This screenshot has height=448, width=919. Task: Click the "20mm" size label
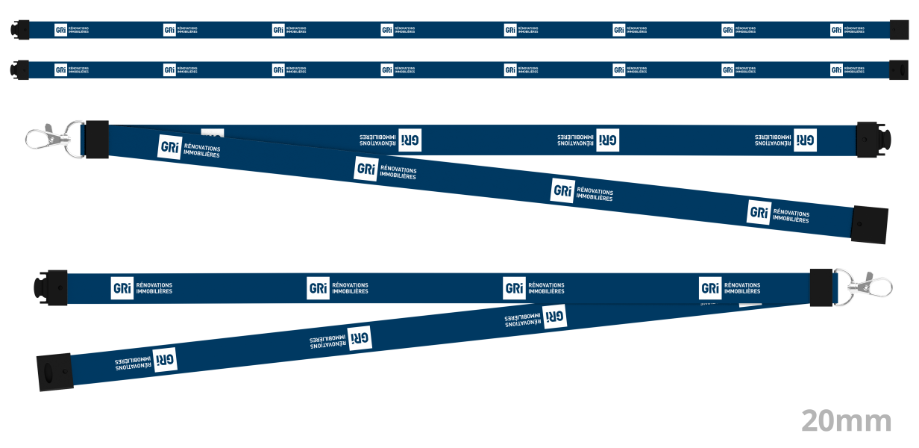847,421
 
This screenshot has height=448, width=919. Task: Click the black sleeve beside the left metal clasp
97,139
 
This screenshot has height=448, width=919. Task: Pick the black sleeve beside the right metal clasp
821,286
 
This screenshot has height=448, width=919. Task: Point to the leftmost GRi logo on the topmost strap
60,30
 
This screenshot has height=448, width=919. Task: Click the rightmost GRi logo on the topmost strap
836,30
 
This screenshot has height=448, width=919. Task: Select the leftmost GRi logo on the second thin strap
60,70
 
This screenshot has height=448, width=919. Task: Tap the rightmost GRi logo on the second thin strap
836,70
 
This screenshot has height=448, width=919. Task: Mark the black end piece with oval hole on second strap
898,70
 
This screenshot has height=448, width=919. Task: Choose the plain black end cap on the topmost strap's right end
900,30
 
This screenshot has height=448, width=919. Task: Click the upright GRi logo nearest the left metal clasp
169,147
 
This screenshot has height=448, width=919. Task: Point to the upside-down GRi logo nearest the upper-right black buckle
805,140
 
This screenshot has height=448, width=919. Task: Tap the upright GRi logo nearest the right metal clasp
710,288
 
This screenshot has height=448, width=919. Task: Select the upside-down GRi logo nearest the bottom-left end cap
165,359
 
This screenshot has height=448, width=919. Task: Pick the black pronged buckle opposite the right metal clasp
50,286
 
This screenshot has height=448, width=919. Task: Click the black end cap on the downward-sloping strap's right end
870,224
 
